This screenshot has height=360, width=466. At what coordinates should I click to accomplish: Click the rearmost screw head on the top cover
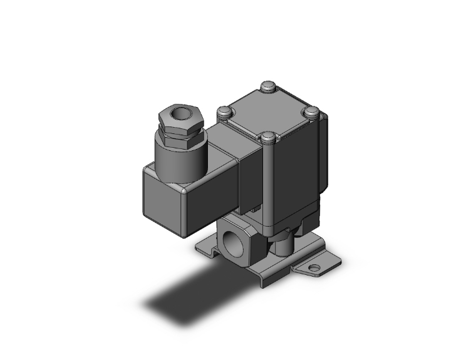pos(270,86)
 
